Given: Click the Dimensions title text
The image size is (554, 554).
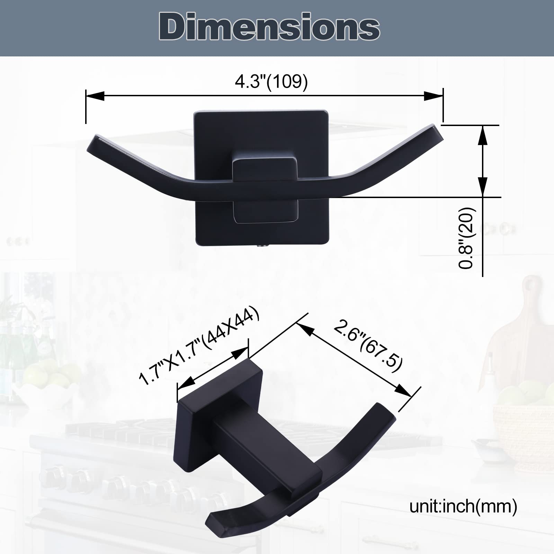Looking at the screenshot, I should click(269, 27).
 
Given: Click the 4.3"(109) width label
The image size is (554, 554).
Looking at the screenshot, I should click(271, 82).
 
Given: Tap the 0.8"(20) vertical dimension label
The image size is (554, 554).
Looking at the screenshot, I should click(466, 238).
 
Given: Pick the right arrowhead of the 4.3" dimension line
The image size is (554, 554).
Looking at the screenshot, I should click(433, 96).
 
